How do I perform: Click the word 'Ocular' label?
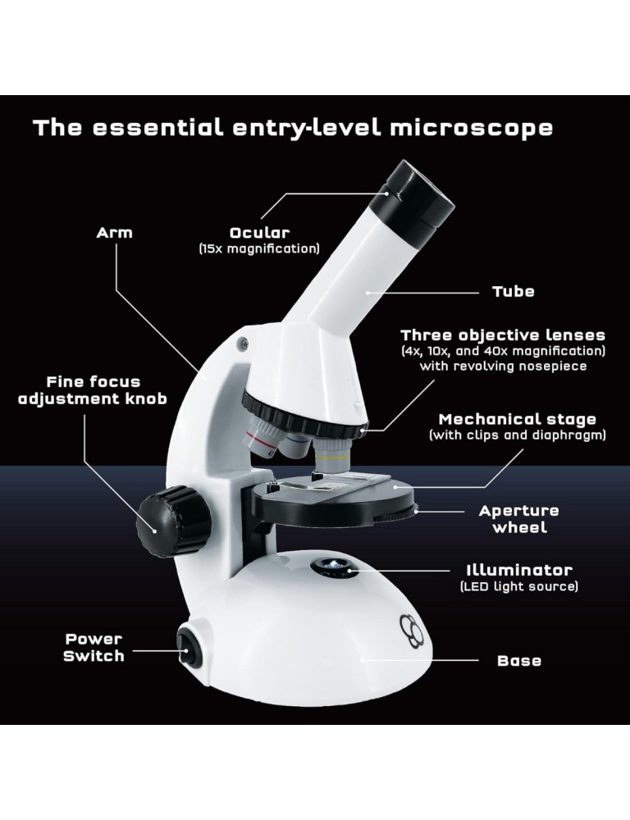[259, 233]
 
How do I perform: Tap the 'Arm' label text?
[115, 233]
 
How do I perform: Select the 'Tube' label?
[514, 291]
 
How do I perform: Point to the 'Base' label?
[519, 660]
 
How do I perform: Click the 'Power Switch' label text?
[94, 648]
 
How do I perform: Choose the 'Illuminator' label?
[519, 570]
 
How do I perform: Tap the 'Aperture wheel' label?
[519, 519]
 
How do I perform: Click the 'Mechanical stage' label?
[518, 419]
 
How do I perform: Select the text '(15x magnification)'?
[259, 248]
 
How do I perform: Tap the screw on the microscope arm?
[244, 343]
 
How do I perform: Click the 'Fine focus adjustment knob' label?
[93, 390]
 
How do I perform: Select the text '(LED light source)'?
[519, 586]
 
